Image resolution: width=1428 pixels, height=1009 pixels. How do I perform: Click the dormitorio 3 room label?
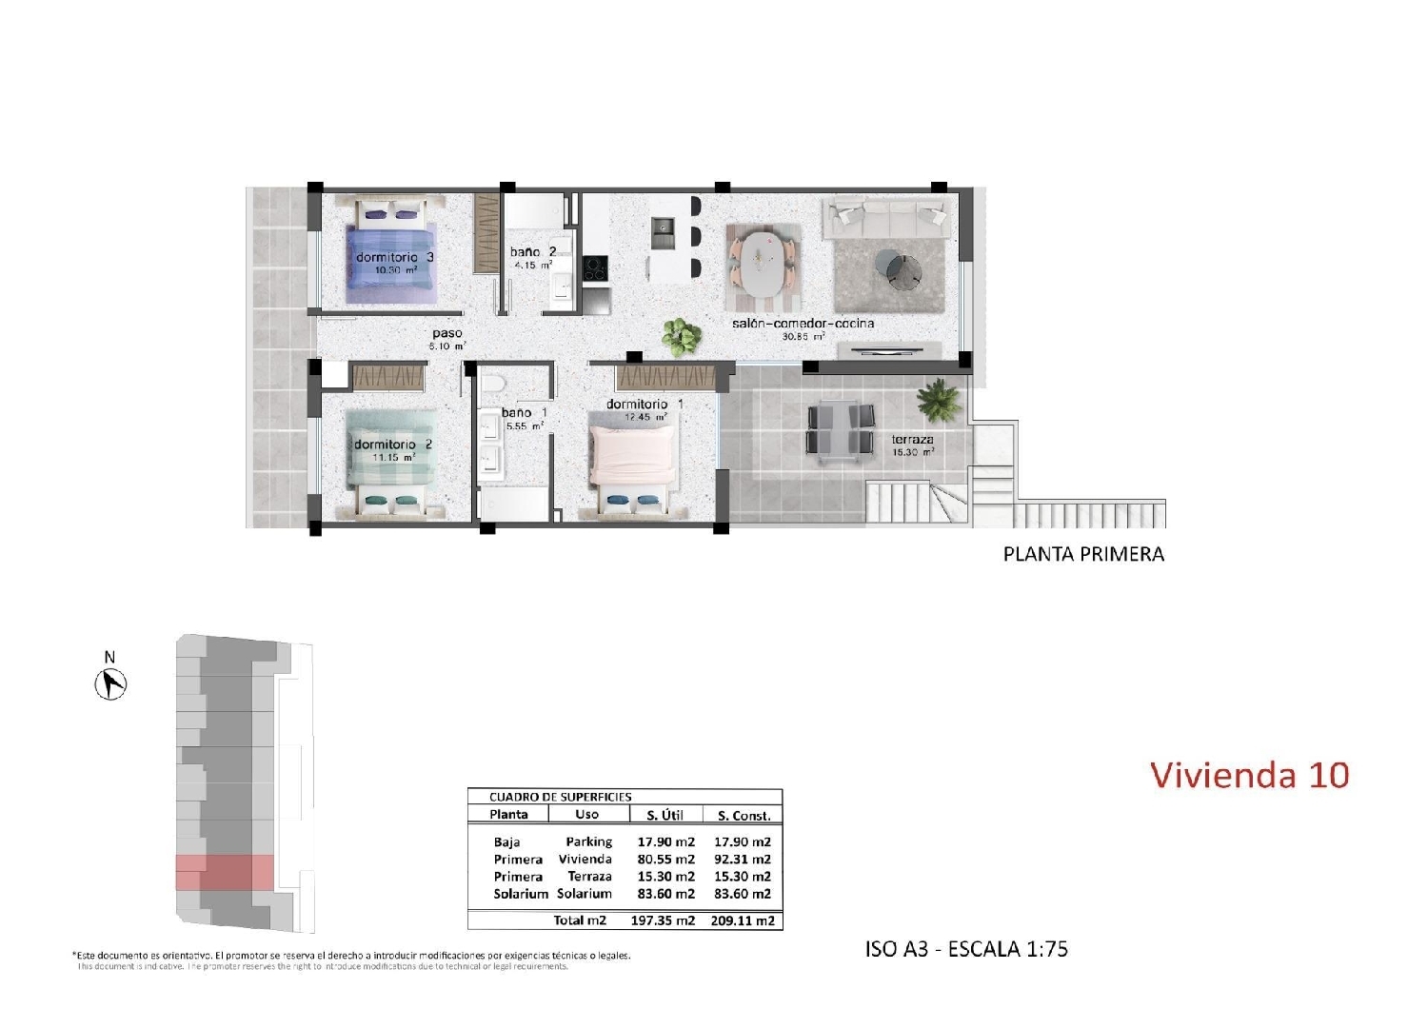[395, 257]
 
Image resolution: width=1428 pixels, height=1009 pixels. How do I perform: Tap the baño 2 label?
[532, 252]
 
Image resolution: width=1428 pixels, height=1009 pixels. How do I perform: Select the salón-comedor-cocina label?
[803, 324]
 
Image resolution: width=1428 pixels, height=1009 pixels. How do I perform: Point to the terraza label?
[912, 440]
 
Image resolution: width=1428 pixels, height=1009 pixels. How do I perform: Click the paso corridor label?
[446, 334]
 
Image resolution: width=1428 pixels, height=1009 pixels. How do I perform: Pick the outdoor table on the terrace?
[841, 429]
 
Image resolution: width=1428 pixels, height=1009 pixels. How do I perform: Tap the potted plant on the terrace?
[940, 399]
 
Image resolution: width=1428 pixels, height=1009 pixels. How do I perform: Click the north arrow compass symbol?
[111, 683]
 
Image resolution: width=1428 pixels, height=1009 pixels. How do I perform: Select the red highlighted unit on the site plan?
[225, 872]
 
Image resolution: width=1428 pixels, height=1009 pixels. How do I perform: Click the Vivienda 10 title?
[1249, 775]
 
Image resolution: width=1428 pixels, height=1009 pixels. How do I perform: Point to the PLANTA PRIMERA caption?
[1083, 554]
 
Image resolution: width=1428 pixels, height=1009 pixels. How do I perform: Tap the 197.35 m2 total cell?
[663, 920]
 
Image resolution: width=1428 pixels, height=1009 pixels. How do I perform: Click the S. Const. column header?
[744, 816]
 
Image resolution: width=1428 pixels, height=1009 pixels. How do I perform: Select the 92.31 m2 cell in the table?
[742, 860]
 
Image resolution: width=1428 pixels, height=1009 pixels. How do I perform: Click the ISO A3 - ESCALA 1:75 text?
[966, 949]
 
